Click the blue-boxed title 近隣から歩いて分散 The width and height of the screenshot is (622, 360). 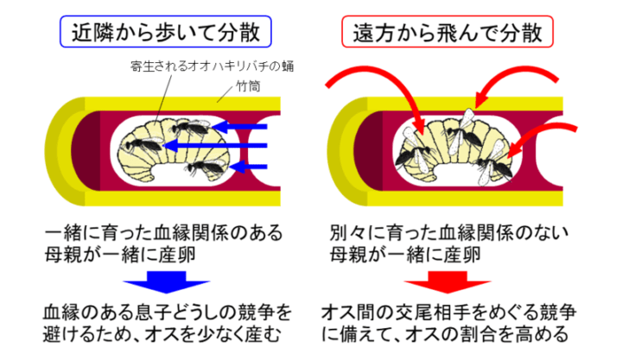click(x=165, y=32)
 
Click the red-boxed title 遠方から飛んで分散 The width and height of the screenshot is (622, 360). click(x=447, y=32)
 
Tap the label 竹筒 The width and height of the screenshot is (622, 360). click(x=248, y=85)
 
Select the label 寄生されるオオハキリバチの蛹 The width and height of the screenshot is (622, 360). click(x=212, y=66)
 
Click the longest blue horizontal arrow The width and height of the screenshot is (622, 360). click(x=214, y=146)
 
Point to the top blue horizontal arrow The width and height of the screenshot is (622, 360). click(x=239, y=127)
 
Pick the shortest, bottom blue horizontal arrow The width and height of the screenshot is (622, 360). click(x=249, y=167)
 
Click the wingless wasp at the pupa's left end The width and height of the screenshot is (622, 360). click(x=143, y=145)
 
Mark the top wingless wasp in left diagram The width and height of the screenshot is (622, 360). click(x=190, y=127)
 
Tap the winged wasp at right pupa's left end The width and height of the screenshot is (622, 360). click(x=413, y=153)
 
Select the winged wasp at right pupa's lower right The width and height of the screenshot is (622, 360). click(x=494, y=165)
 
